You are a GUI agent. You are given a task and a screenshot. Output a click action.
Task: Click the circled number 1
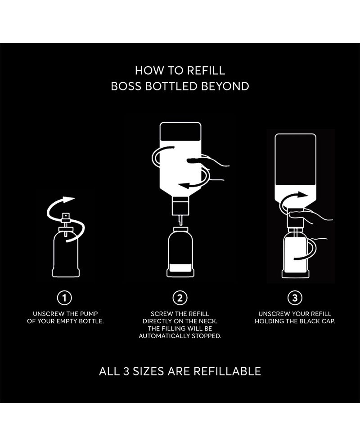65,298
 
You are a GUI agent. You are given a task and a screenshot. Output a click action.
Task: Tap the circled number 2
180,298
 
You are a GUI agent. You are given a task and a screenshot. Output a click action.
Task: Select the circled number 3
295,298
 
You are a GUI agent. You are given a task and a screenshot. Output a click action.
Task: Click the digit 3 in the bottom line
126,371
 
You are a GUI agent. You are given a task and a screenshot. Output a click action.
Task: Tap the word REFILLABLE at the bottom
227,371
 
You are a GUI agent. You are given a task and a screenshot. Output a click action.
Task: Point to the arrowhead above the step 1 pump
68,199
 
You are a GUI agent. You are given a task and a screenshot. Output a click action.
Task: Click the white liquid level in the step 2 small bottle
180,268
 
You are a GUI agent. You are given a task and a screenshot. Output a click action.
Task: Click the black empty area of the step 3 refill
295,160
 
